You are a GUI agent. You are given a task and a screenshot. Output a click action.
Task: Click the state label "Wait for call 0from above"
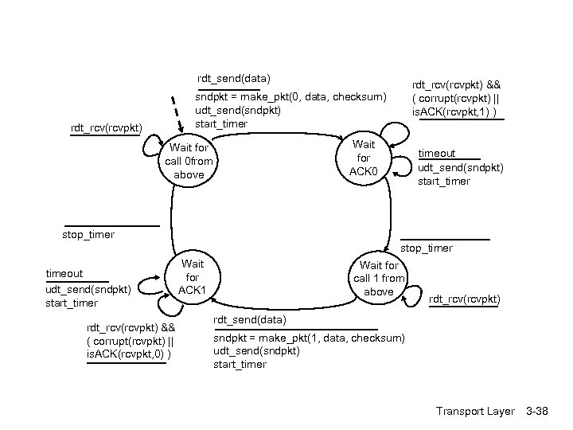(189, 161)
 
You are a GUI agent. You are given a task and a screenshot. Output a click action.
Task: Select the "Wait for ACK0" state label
(364, 158)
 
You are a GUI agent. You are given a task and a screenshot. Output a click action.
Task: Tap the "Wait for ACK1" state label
(193, 276)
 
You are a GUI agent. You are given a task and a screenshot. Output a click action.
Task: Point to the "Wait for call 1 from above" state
(379, 278)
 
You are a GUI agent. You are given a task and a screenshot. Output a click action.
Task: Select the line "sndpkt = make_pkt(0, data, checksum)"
(290, 96)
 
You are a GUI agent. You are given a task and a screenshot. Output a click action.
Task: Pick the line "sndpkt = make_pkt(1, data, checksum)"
(309, 338)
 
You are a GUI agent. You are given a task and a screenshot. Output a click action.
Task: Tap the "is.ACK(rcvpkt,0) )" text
(130, 354)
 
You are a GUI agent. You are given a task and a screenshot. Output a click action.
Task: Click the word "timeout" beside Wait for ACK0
(437, 153)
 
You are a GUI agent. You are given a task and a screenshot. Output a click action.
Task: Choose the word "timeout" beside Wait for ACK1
(64, 274)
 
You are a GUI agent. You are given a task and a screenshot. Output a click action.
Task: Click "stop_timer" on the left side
(88, 234)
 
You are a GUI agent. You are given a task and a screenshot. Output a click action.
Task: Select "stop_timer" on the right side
(427, 248)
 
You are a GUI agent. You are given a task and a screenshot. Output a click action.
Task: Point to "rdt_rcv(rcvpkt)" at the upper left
(107, 127)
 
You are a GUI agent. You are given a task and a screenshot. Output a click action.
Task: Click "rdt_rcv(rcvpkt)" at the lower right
(465, 299)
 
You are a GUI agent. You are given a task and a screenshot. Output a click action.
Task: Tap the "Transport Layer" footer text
(475, 411)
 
